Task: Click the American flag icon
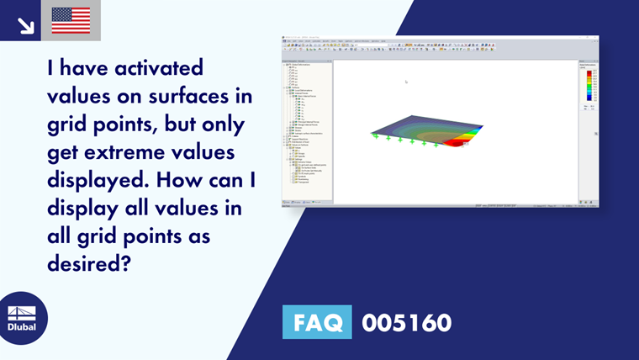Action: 71,20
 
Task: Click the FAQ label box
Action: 318,322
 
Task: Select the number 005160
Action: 406,322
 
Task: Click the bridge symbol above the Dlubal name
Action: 22,311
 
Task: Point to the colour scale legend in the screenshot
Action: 588,89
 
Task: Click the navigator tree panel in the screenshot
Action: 308,126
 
